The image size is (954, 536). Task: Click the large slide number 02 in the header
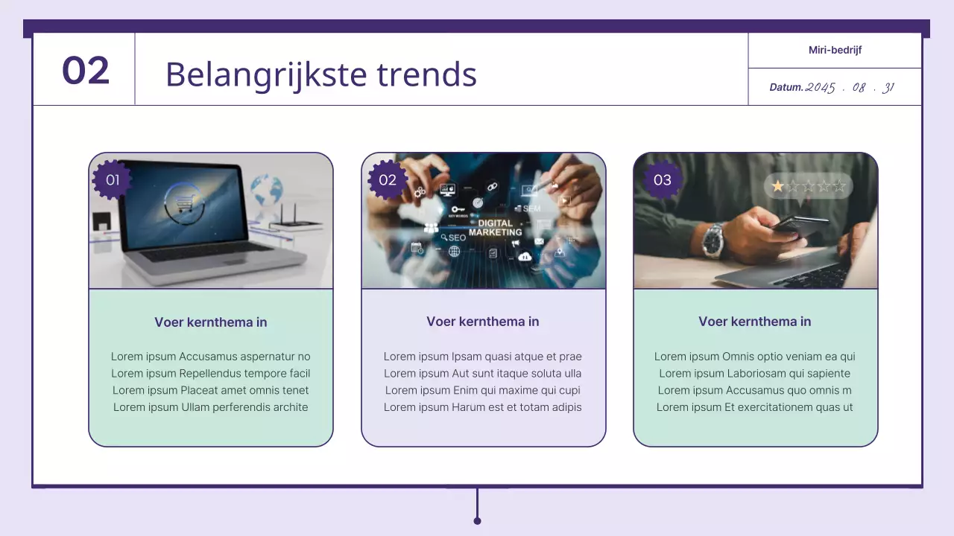click(x=86, y=71)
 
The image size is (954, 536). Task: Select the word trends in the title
click(x=426, y=74)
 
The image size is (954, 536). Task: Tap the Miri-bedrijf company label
click(x=835, y=50)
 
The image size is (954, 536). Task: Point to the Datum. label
click(x=786, y=87)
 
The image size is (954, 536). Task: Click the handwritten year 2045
click(x=821, y=87)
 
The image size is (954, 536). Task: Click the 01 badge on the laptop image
click(x=113, y=179)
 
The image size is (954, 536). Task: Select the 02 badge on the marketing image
click(x=388, y=179)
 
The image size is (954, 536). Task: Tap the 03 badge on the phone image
click(x=662, y=179)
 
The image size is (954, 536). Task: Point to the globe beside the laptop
click(x=267, y=191)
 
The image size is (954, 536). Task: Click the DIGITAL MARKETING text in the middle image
click(x=495, y=228)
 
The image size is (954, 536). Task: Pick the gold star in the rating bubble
click(x=778, y=186)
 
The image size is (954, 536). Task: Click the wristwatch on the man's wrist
click(x=713, y=239)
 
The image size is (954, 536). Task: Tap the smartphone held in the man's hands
click(x=799, y=224)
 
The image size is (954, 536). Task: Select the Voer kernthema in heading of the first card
click(x=211, y=322)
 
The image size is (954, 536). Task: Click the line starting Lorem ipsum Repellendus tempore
click(x=211, y=373)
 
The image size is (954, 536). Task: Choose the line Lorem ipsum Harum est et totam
click(x=483, y=407)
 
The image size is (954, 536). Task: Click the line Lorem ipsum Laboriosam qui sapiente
click(x=754, y=373)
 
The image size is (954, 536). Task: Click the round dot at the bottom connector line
click(x=477, y=520)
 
